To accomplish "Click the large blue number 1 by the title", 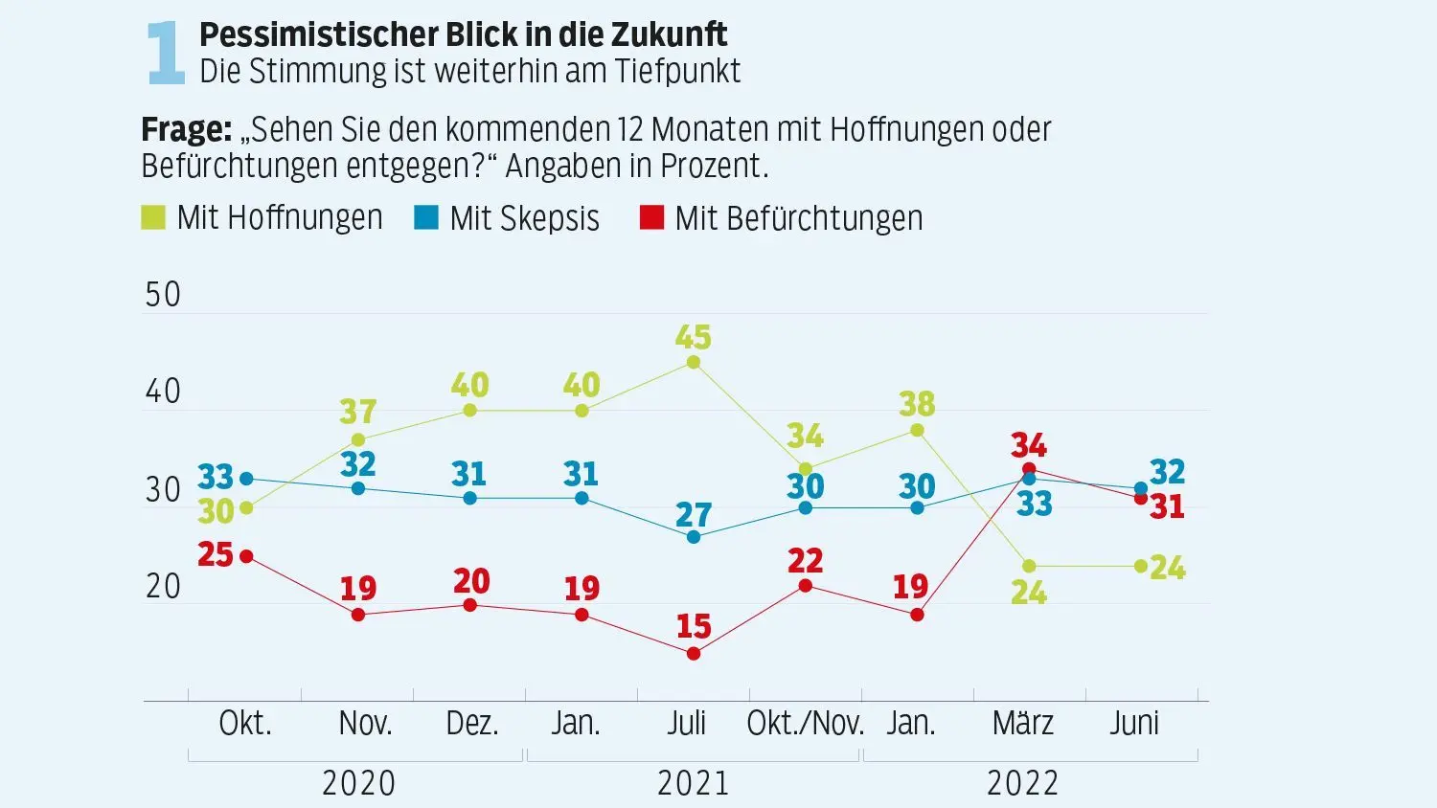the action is point(166,53).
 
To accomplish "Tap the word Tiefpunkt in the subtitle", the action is point(677,71).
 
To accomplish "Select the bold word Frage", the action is point(186,129).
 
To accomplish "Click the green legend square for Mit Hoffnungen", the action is point(153,217).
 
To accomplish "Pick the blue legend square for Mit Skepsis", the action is point(426,217).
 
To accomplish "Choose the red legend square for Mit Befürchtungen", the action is point(651,217).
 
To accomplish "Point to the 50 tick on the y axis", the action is point(162,295).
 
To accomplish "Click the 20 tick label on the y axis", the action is point(162,587).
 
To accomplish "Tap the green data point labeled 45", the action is point(694,362).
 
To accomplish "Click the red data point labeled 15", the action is point(694,654).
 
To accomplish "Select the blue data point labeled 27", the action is point(694,537).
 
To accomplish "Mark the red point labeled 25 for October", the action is point(246,556).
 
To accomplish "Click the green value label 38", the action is point(917,404).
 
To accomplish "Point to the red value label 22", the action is point(805,561).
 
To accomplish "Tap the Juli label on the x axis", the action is point(687,724).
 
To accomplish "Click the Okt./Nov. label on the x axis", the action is point(805,724).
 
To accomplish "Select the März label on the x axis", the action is point(1023,723).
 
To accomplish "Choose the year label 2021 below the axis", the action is point(694,783).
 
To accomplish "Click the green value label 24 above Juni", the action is point(1168,568).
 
